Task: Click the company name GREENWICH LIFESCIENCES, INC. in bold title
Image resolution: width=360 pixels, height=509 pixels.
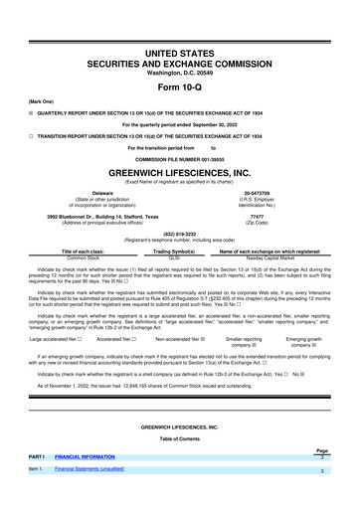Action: tap(179, 172)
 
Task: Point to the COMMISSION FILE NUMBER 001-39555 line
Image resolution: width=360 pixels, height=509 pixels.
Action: tap(179, 159)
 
